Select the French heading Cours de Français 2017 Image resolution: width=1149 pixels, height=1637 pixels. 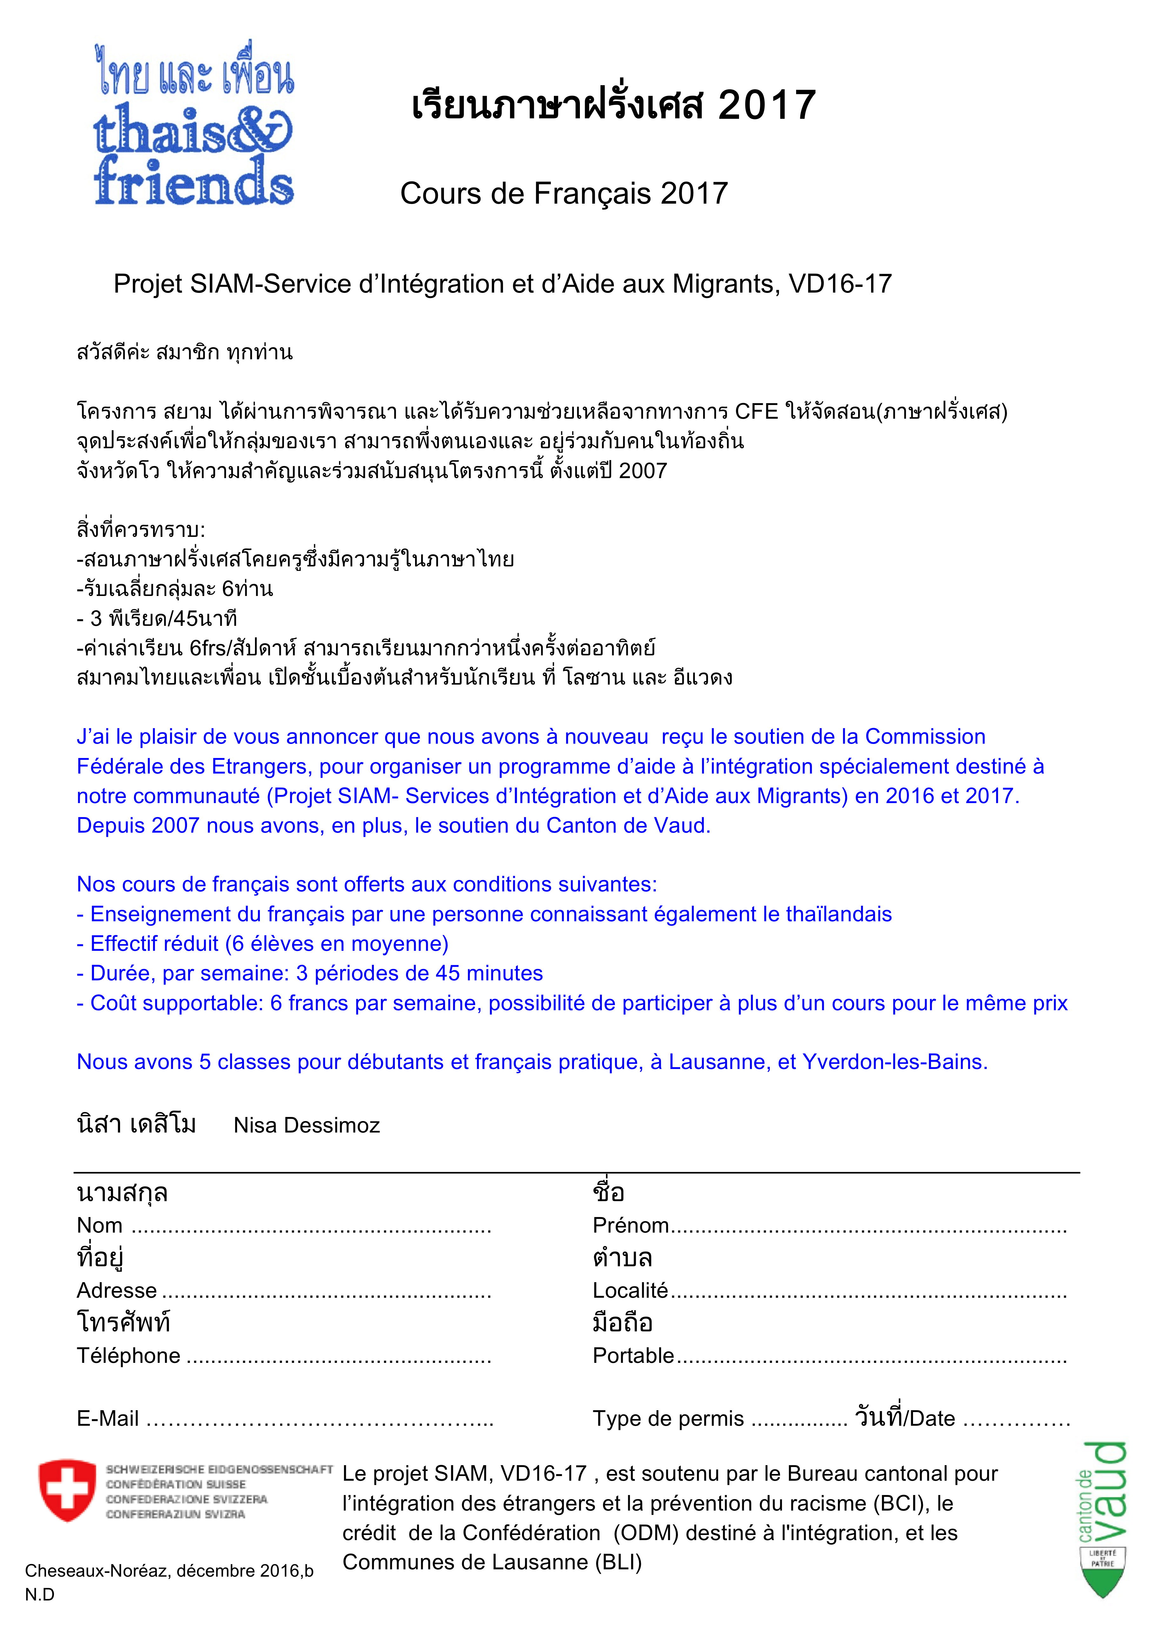[x=564, y=193]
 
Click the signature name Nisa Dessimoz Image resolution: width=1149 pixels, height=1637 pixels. [x=306, y=1125]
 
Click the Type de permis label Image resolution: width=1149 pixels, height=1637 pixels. [x=668, y=1419]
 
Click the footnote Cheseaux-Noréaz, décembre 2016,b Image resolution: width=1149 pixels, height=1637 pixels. [x=169, y=1571]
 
